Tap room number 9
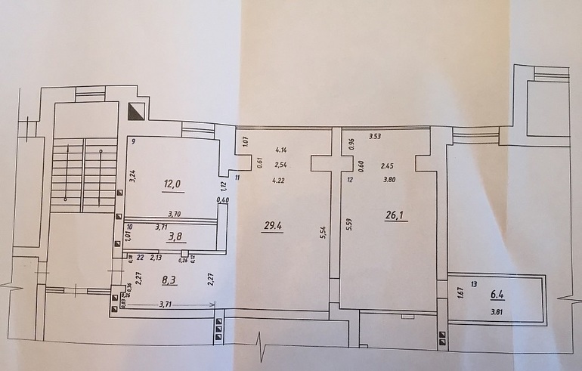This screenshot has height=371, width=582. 132,141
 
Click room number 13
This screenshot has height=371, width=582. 474,284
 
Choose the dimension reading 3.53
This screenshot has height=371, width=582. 374,137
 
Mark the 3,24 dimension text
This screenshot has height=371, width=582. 132,176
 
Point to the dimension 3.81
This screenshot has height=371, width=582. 497,311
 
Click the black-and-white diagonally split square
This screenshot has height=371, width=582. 137,111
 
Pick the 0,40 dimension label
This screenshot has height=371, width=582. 223,200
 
